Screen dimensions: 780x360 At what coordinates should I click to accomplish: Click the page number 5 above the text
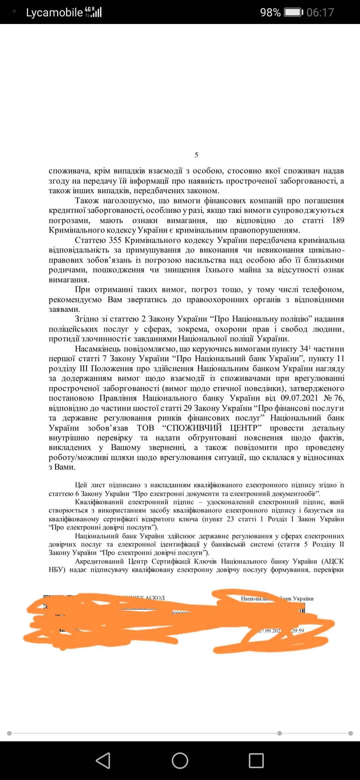pyautogui.click(x=196, y=155)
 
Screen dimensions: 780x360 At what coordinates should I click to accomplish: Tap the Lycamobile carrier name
pyautogui.click(x=54, y=13)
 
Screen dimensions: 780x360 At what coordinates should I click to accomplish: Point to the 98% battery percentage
pyautogui.click(x=270, y=13)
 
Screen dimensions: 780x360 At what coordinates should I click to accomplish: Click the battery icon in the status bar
pyautogui.click(x=293, y=13)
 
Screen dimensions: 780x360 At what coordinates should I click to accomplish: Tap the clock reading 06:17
pyautogui.click(x=320, y=13)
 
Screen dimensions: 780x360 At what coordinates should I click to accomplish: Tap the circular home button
pyautogui.click(x=180, y=761)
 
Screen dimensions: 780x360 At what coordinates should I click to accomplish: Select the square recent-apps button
pyautogui.click(x=256, y=761)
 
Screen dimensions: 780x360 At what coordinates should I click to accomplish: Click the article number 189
pyautogui.click(x=338, y=220)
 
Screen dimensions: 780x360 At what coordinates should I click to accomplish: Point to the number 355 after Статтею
pyautogui.click(x=115, y=240)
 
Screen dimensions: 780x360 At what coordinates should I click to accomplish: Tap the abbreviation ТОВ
pyautogui.click(x=146, y=428)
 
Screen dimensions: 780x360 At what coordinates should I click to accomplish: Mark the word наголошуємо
pyautogui.click(x=129, y=201)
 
